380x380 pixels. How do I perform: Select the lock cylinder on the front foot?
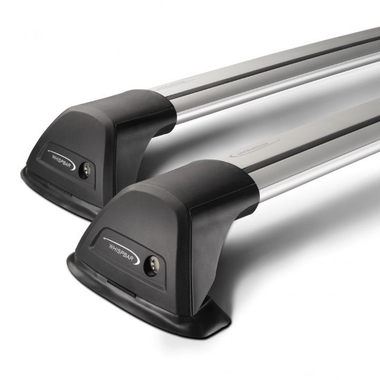point(151,264)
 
